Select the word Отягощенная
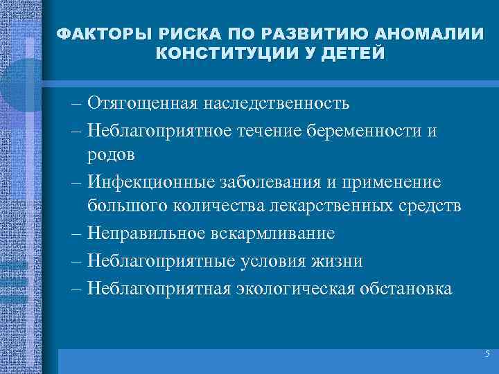tap(142, 104)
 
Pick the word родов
tap(111, 154)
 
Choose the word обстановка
tap(402, 287)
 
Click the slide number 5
tap(487, 354)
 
